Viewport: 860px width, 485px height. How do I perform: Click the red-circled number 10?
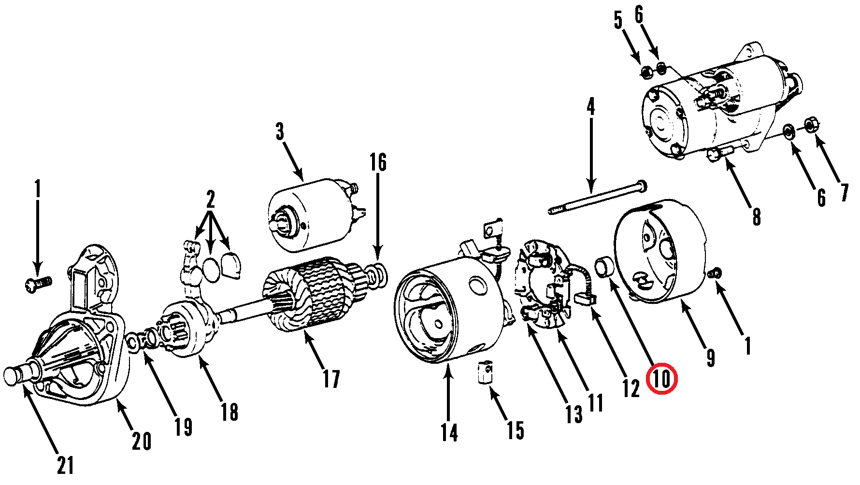pyautogui.click(x=662, y=378)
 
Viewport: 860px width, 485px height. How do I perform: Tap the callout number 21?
pyautogui.click(x=66, y=465)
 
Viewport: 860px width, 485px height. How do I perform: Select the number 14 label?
pyautogui.click(x=449, y=432)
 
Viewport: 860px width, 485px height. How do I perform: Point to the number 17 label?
pyautogui.click(x=331, y=379)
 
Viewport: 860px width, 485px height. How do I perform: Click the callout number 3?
pyautogui.click(x=280, y=131)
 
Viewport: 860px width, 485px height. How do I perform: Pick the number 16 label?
pyautogui.click(x=378, y=162)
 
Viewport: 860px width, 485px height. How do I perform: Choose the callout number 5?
pyautogui.click(x=618, y=20)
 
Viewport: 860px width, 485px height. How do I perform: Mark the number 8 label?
pyautogui.click(x=757, y=216)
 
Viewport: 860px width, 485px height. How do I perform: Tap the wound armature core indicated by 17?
pyautogui.click(x=312, y=295)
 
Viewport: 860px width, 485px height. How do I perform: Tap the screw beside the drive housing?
pyautogui.click(x=38, y=284)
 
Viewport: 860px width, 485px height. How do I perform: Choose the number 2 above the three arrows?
pyautogui.click(x=210, y=199)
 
